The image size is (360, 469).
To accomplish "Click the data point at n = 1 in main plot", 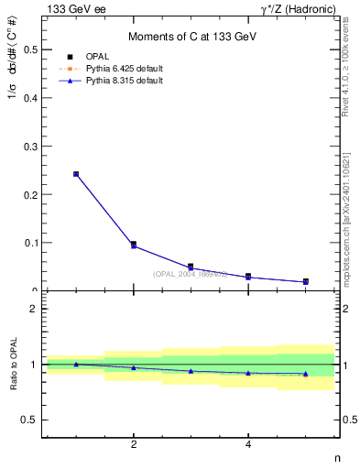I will click(x=76, y=173).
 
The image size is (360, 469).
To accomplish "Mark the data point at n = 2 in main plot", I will click(x=134, y=245).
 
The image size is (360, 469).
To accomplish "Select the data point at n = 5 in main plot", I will click(x=305, y=281).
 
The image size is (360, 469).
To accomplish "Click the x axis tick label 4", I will click(x=248, y=445).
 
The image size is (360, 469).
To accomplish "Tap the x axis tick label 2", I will click(x=134, y=445).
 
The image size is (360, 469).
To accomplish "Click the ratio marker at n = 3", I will click(x=191, y=371).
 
